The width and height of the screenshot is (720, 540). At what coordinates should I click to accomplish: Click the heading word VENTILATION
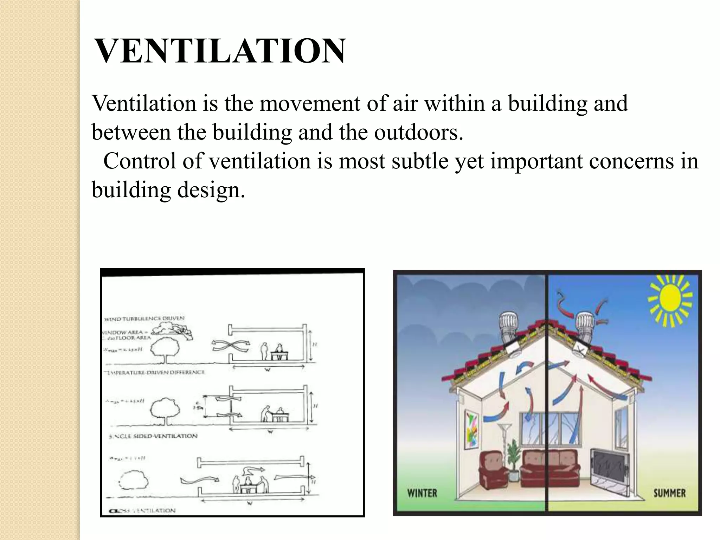220,51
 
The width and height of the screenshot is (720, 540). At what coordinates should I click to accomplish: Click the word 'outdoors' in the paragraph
418,132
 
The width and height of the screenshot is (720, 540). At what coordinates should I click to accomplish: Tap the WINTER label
422,493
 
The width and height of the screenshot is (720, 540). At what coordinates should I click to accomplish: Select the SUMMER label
669,493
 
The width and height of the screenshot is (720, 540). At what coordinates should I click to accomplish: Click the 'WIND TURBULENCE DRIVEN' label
144,319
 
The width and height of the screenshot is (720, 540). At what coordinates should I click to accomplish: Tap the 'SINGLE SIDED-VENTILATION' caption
153,436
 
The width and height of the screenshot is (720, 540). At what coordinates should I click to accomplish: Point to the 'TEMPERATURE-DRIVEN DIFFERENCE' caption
155,372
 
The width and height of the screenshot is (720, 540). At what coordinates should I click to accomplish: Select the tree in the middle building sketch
165,410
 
